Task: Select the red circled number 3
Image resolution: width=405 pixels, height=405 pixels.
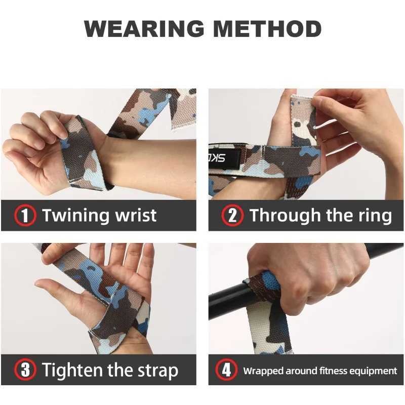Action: pyautogui.click(x=25, y=370)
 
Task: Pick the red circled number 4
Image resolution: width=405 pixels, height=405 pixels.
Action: pyautogui.click(x=226, y=370)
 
